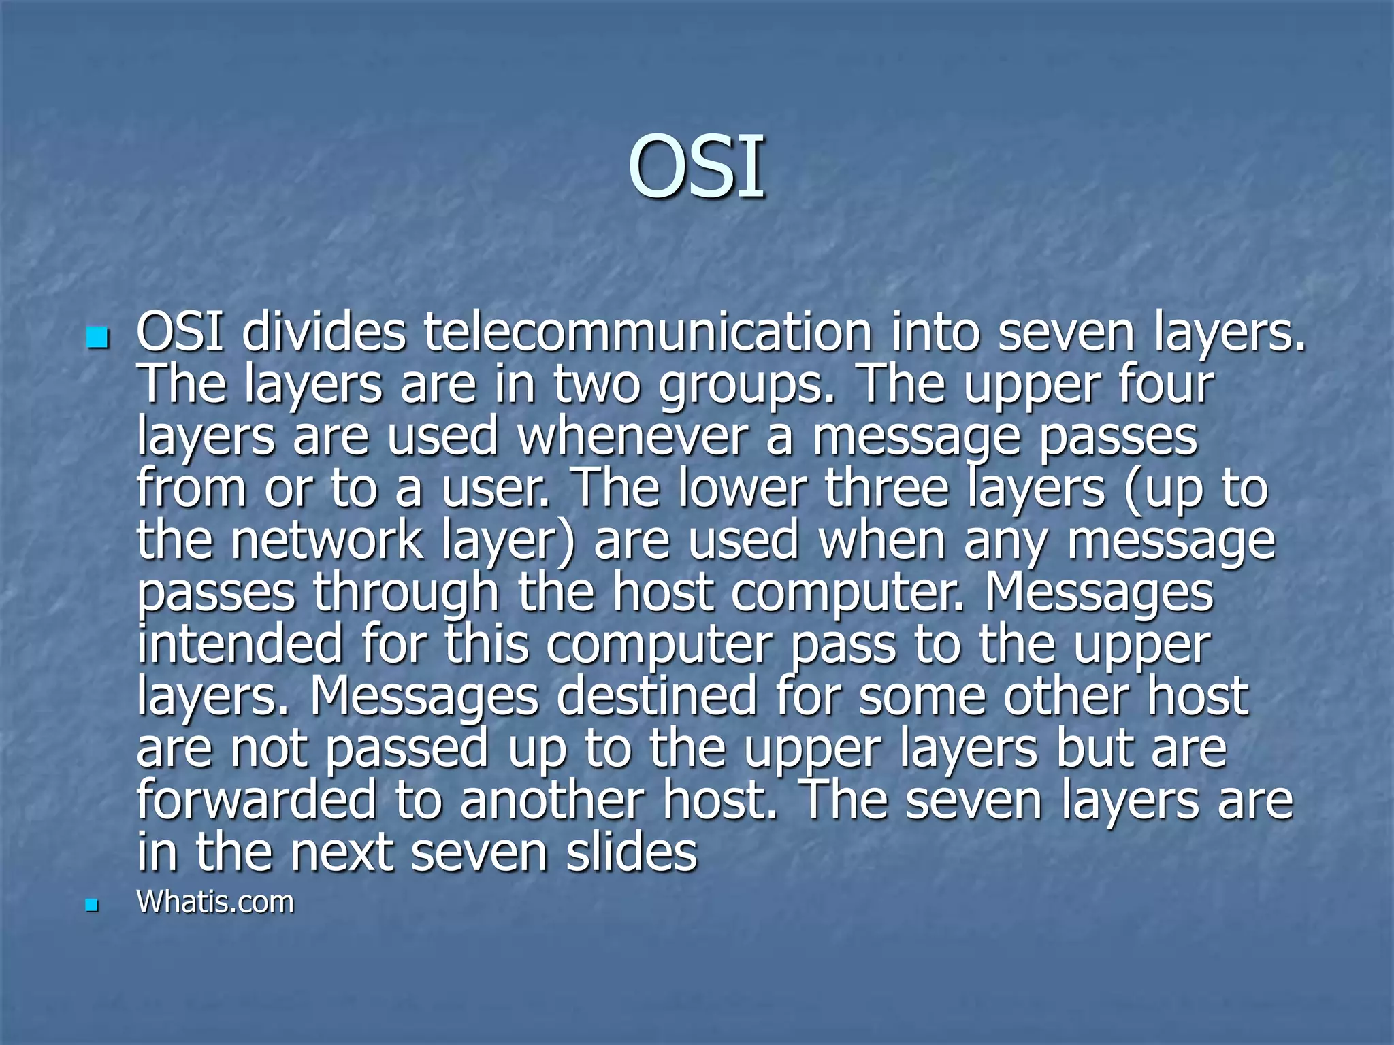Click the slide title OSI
click(x=696, y=167)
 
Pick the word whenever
click(x=633, y=436)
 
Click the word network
click(x=327, y=540)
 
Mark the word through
click(x=406, y=592)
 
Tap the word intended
click(x=240, y=644)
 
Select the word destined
click(x=657, y=695)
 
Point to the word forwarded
click(x=256, y=800)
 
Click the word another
click(x=551, y=800)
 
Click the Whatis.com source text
click(x=215, y=902)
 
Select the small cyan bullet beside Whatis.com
click(x=92, y=905)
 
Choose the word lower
click(x=743, y=488)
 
